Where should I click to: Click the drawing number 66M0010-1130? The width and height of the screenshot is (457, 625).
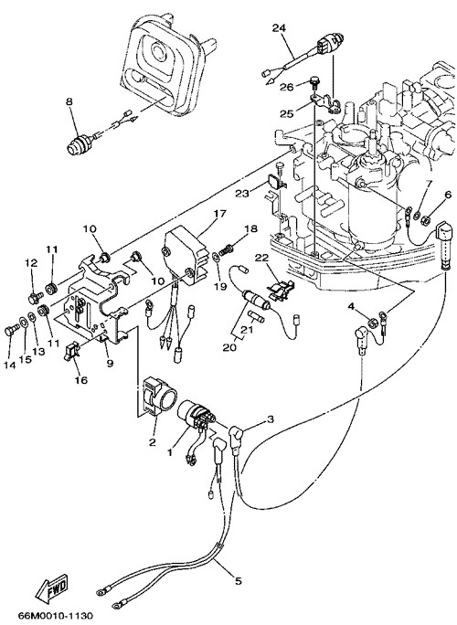56,616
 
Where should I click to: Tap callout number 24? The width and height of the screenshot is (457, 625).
279,28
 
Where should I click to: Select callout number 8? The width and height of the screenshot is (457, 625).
69,101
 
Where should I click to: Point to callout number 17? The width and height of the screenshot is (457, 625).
219,213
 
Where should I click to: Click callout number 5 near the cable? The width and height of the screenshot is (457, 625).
238,581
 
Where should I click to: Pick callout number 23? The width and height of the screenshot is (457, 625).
241,194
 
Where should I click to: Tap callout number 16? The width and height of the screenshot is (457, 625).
81,380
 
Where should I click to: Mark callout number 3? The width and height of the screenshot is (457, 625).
271,418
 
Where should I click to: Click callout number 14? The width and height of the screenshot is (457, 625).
9,364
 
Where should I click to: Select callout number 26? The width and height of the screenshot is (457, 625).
286,87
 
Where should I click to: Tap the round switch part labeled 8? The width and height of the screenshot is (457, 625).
78,143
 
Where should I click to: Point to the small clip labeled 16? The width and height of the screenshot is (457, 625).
71,351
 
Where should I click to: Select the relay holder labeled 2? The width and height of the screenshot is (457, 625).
159,396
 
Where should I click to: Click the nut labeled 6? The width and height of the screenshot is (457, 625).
425,218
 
